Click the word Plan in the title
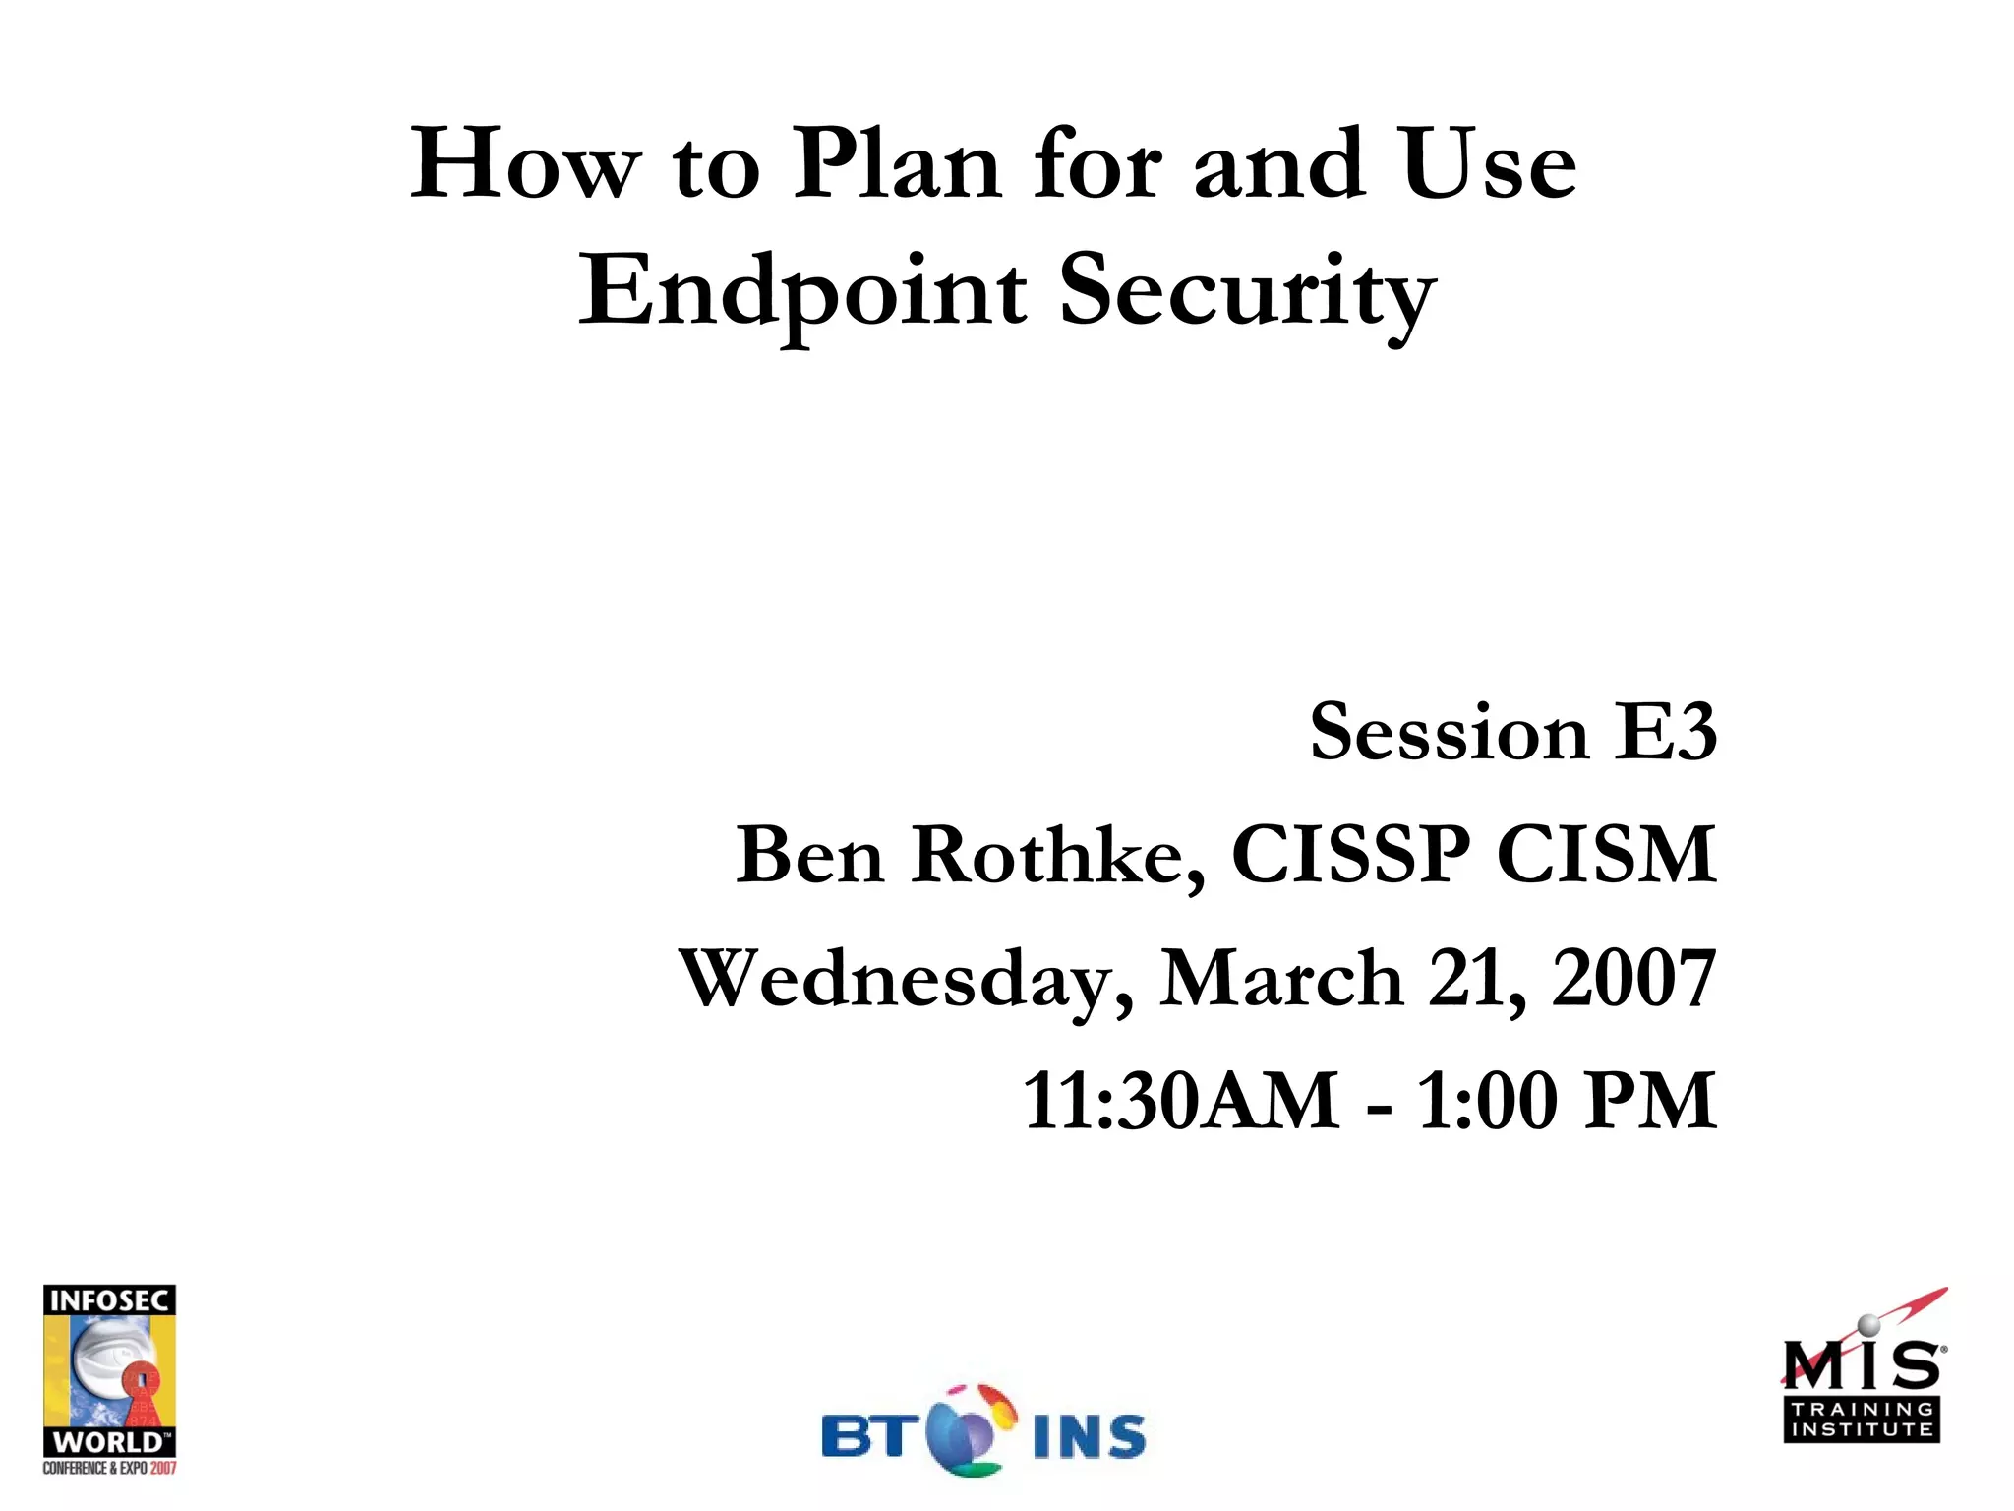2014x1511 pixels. tap(896, 164)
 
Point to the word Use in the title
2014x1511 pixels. tap(1489, 164)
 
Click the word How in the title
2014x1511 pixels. tap(525, 164)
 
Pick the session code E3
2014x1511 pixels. tap(1666, 732)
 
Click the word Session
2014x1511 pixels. tap(1449, 732)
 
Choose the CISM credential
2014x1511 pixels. tap(1606, 855)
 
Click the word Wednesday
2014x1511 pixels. tap(906, 979)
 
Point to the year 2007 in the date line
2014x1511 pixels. tap(1633, 979)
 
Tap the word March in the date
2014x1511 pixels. tap(1281, 979)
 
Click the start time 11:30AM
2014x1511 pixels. tap(1180, 1101)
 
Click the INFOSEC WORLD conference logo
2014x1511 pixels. tap(109, 1378)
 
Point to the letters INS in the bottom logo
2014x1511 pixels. tap(1089, 1437)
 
